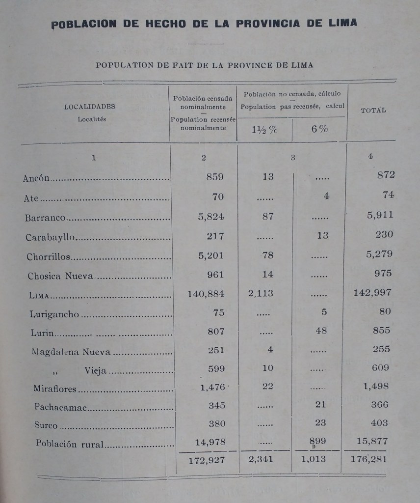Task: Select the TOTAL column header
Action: pos(373,111)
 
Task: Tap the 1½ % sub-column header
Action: pos(264,130)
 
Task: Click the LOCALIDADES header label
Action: pos(90,107)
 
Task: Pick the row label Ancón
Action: pos(36,178)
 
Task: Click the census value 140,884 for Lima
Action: pos(206,294)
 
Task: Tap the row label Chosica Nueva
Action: pos(60,276)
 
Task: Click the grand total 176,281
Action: pos(368,460)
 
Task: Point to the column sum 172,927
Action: pos(206,460)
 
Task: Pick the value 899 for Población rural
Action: pos(317,441)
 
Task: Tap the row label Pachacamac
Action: pos(55,407)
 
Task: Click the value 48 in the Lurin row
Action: pos(321,331)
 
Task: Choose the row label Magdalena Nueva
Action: pos(71,352)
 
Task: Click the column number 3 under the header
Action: pos(293,158)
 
